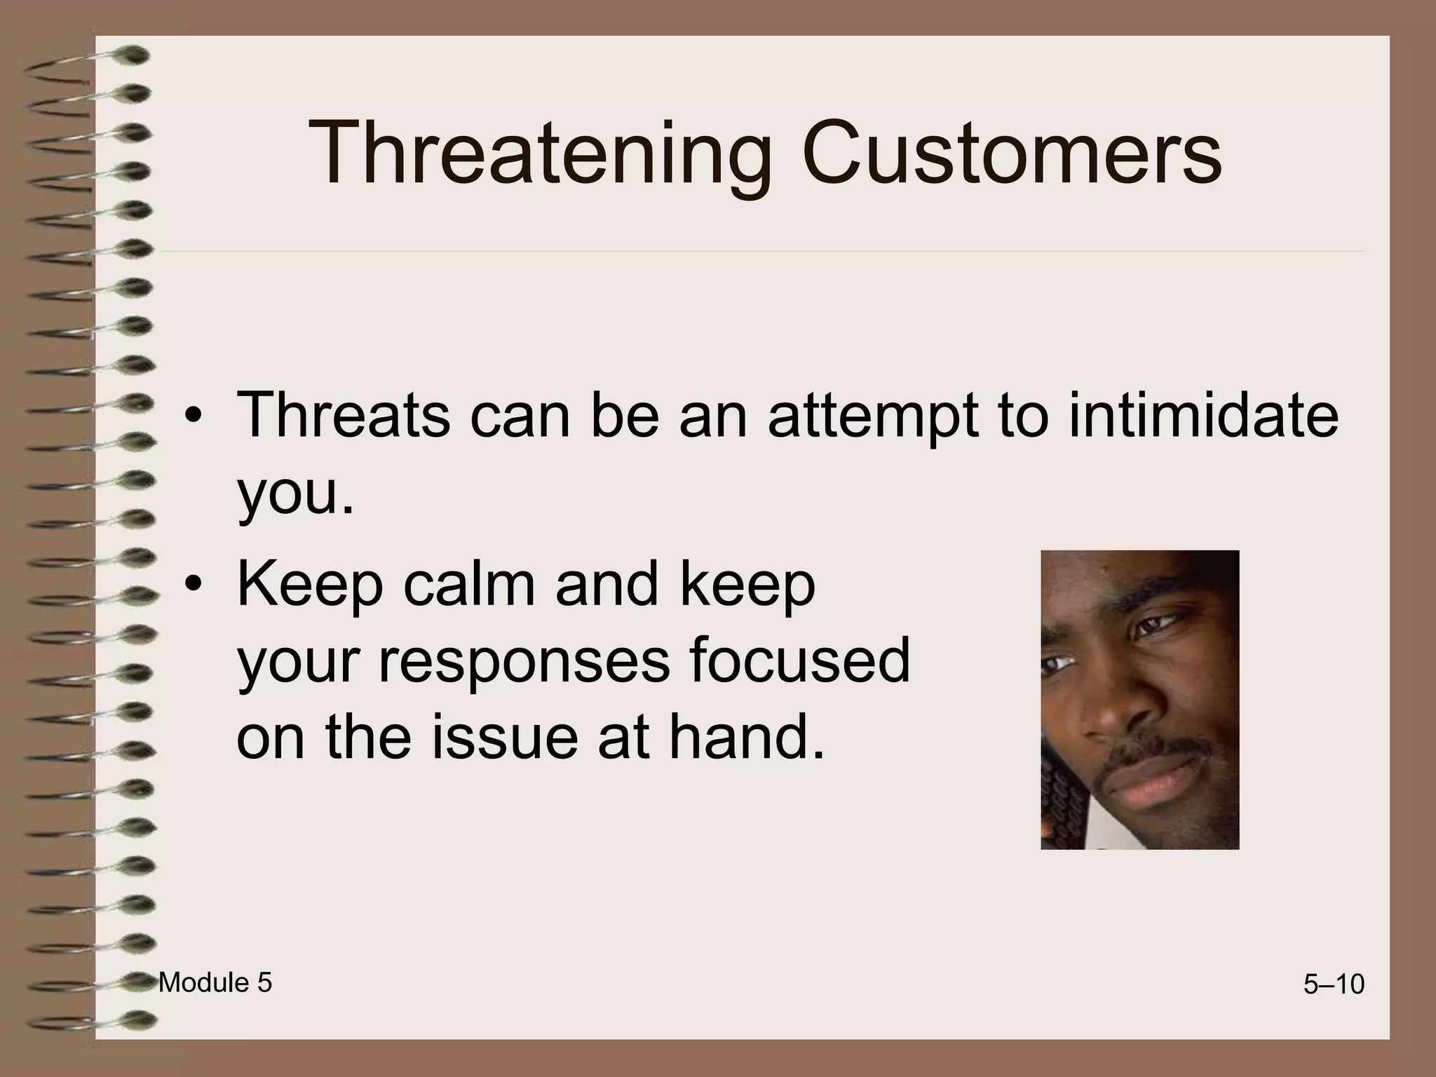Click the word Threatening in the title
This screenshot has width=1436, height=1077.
(540, 154)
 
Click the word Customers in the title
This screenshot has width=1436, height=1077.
(1012, 153)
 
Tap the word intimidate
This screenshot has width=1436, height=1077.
(1203, 415)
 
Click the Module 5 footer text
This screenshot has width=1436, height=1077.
(215, 983)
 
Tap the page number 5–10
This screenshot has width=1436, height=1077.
(1334, 985)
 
